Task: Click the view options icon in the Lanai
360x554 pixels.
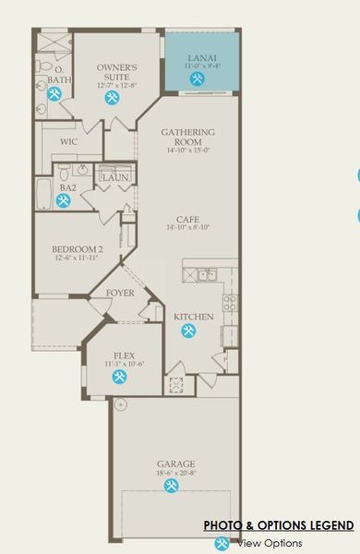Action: (198, 80)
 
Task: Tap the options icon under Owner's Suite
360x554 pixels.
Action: (113, 99)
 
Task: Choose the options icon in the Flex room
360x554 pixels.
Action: (120, 377)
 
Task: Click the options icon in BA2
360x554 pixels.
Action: (64, 200)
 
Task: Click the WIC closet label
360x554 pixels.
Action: (68, 141)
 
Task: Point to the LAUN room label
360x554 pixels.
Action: (114, 177)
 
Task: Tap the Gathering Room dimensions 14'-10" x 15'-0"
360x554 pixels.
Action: (188, 151)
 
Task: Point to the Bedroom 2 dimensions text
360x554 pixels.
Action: (76, 259)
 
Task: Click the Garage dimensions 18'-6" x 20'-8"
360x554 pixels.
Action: (175, 473)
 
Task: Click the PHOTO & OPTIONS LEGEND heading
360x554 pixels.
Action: (278, 525)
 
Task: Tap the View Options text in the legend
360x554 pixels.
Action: (270, 544)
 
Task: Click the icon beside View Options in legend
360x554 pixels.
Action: (222, 544)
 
